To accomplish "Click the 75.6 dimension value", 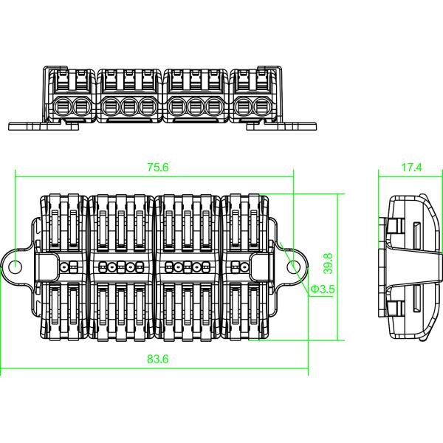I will pyautogui.click(x=157, y=168).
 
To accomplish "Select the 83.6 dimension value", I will pyautogui.click(x=157, y=360).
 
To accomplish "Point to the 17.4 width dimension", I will pyautogui.click(x=411, y=168).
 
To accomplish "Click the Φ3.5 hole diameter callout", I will pyautogui.click(x=323, y=289).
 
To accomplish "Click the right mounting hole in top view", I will pyautogui.click(x=295, y=267).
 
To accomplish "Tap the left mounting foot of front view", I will pyautogui.click(x=44, y=125).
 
